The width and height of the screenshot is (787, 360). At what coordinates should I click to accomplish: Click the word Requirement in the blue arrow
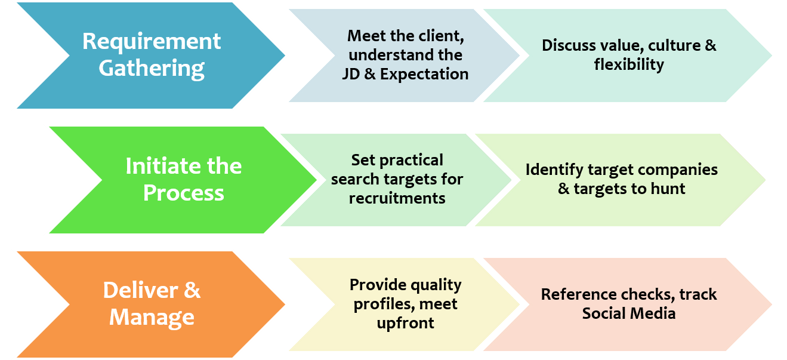(x=152, y=42)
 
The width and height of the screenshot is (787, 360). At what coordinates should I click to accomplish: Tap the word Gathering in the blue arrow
(x=152, y=69)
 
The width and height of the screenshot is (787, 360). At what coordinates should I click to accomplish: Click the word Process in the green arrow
(x=184, y=193)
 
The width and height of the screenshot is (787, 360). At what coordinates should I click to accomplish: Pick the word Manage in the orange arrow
(x=152, y=317)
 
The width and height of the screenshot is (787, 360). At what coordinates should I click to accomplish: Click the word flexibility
(x=629, y=64)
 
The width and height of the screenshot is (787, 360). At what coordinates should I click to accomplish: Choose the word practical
(x=412, y=160)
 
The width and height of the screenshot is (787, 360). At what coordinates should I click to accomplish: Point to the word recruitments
(x=397, y=198)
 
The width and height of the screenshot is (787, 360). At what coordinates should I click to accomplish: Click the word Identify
(x=554, y=170)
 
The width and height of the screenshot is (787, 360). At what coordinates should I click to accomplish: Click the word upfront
(x=406, y=323)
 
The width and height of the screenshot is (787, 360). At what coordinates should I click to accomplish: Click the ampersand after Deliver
(x=192, y=290)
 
